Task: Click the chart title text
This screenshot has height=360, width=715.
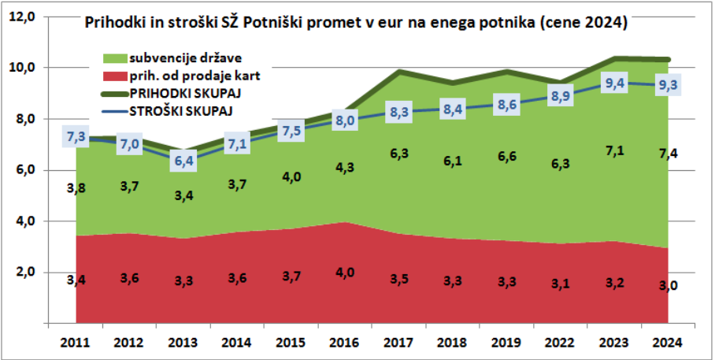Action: coord(355,24)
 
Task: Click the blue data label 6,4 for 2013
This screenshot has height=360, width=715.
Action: coord(183,161)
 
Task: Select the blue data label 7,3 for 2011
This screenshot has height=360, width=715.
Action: coord(76,138)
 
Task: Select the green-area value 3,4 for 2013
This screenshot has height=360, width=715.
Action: coord(183,194)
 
